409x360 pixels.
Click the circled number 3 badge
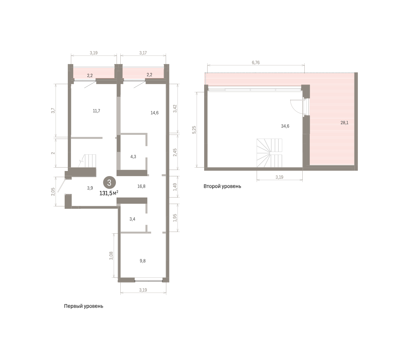coord(109,183)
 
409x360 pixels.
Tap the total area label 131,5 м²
coord(109,193)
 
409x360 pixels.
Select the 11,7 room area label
coord(96,111)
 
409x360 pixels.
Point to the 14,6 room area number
coord(154,113)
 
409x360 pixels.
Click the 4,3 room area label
coord(133,157)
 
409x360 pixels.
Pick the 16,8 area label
coord(141,186)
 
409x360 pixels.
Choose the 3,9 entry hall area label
coord(90,188)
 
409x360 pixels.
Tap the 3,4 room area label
coord(133,219)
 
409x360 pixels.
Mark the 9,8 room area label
coord(142,261)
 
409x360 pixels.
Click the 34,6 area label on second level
coord(285,126)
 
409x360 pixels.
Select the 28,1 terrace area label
coord(344,123)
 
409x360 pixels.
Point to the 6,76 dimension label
coord(256,63)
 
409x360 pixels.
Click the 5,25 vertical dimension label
coord(194,130)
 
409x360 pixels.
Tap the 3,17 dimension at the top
coord(143,53)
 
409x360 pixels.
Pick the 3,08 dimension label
coord(111,256)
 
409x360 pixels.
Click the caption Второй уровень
coord(222,186)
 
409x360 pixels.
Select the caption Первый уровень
coord(84,306)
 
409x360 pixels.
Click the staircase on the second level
coord(269,153)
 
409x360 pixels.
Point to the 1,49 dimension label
coord(175,187)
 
